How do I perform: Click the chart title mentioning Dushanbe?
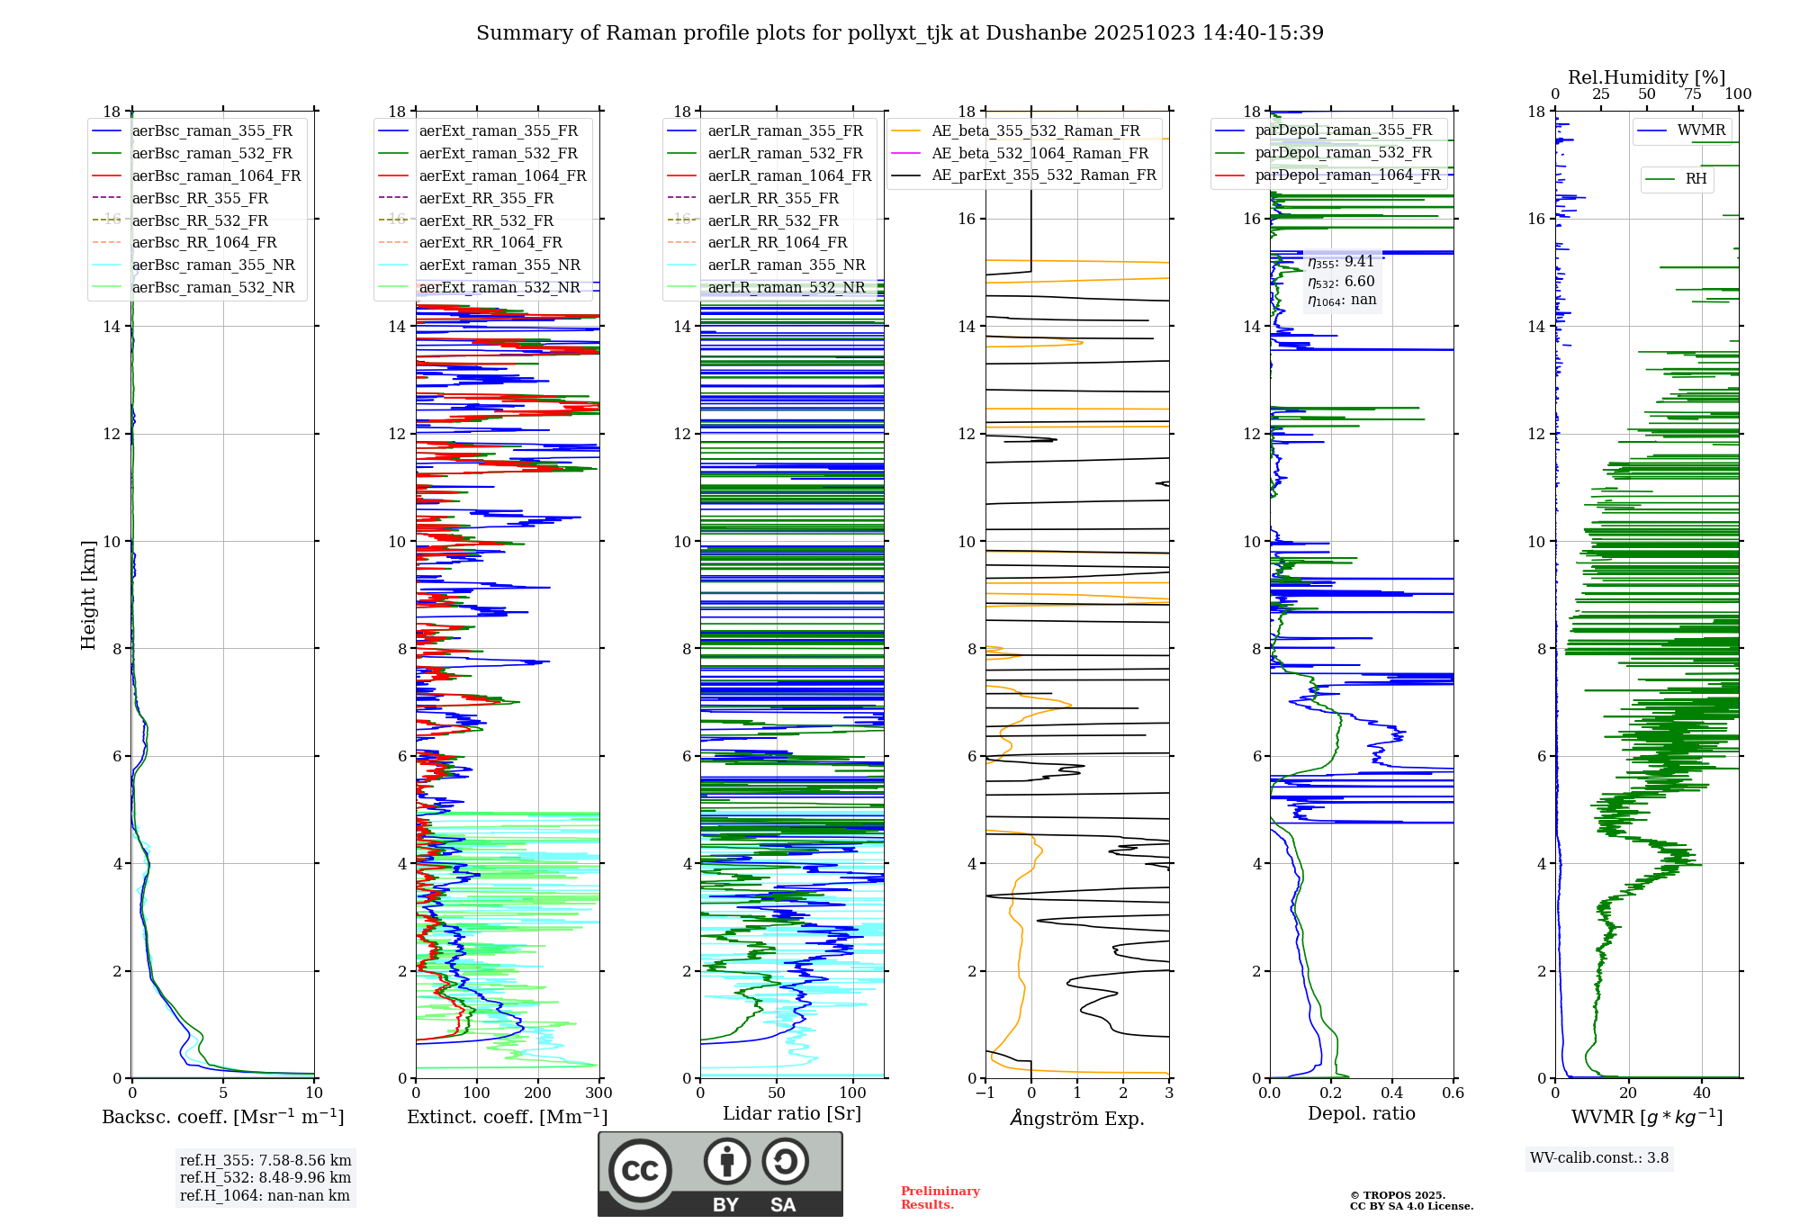[x=900, y=33]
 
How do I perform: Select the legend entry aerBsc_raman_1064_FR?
[x=216, y=175]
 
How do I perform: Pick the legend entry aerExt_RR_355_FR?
[x=486, y=198]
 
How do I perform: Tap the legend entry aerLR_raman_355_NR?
[x=786, y=265]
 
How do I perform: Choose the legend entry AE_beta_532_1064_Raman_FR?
[x=1039, y=153]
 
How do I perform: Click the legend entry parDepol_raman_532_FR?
[x=1343, y=152]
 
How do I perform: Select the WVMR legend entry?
[x=1700, y=130]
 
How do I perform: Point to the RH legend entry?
[x=1696, y=179]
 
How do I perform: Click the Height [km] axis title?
[x=88, y=595]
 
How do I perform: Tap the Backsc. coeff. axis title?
[x=222, y=1117]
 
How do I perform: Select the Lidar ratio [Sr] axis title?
[x=791, y=1113]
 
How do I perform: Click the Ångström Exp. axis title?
[x=1076, y=1118]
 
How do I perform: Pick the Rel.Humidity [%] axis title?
[x=1646, y=77]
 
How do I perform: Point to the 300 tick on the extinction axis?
[x=598, y=1093]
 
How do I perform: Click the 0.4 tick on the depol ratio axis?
[x=1391, y=1093]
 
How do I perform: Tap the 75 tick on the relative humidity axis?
[x=1692, y=94]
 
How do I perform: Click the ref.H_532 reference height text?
[x=265, y=1177]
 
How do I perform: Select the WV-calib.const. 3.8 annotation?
[x=1598, y=1158]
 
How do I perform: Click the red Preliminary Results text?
[x=940, y=1197]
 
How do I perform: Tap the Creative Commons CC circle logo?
[x=640, y=1171]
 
